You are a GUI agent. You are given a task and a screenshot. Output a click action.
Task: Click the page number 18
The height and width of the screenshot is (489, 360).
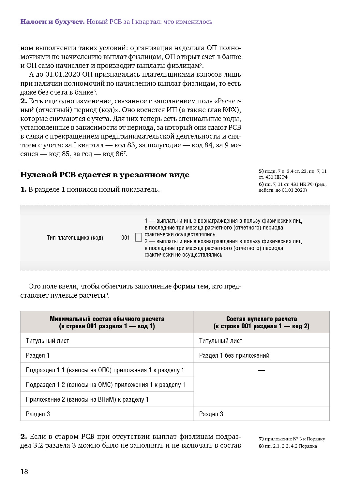24,471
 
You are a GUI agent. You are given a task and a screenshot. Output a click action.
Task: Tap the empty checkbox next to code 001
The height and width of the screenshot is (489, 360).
139,237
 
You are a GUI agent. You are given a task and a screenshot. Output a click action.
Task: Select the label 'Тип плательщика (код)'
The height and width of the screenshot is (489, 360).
75,238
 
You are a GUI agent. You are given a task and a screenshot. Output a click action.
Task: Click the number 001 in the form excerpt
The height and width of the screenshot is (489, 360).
126,238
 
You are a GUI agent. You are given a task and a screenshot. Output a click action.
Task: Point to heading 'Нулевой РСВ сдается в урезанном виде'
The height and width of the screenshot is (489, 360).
105,175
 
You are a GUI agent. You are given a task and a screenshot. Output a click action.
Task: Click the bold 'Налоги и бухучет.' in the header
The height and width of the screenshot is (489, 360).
52,22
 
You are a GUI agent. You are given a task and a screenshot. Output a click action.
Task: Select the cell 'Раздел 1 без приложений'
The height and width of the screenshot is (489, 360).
234,355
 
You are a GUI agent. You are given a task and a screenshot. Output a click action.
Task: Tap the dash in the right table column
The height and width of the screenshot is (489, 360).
261,370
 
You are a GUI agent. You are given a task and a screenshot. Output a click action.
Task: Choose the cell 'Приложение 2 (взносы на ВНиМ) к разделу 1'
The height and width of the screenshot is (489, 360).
87,399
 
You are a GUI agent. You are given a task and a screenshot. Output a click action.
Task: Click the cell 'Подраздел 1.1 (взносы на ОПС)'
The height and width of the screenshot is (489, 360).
105,370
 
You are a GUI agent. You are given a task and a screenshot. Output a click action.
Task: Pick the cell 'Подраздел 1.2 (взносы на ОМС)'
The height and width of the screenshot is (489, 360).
105,385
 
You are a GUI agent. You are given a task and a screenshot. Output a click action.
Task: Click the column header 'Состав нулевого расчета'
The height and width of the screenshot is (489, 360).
261,322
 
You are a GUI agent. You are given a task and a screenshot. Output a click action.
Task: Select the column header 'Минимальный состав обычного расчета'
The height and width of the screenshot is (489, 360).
107,322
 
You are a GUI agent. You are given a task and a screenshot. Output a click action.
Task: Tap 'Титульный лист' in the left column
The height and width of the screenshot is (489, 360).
48,341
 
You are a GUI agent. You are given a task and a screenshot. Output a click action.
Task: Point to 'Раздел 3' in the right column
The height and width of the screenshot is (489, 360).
211,414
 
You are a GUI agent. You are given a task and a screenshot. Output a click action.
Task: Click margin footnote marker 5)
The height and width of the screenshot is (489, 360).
261,171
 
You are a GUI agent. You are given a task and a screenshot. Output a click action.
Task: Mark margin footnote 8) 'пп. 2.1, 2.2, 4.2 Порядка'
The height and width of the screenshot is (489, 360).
288,446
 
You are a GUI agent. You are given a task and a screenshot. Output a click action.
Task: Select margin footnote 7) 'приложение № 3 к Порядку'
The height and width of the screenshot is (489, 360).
292,439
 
